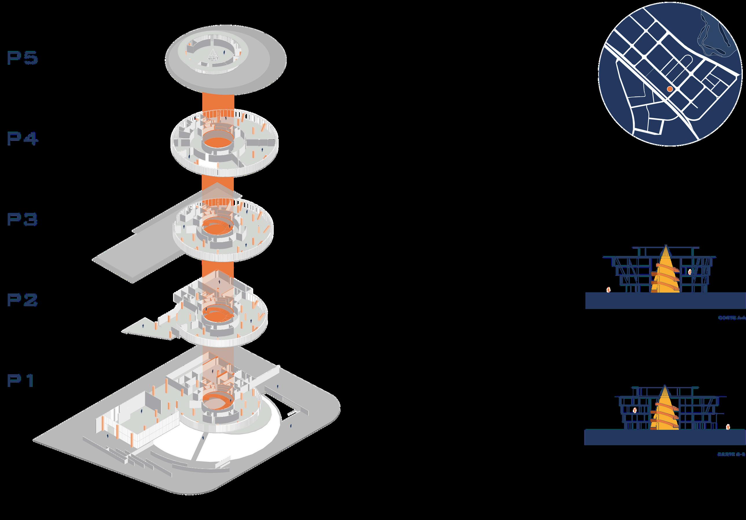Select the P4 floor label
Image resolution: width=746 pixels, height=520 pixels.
click(23, 139)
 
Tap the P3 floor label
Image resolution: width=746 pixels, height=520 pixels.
click(23, 220)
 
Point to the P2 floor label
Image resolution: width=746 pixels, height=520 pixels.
click(23, 300)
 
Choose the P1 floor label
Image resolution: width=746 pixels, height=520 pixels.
click(21, 381)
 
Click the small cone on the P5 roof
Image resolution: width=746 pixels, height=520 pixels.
click(213, 55)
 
